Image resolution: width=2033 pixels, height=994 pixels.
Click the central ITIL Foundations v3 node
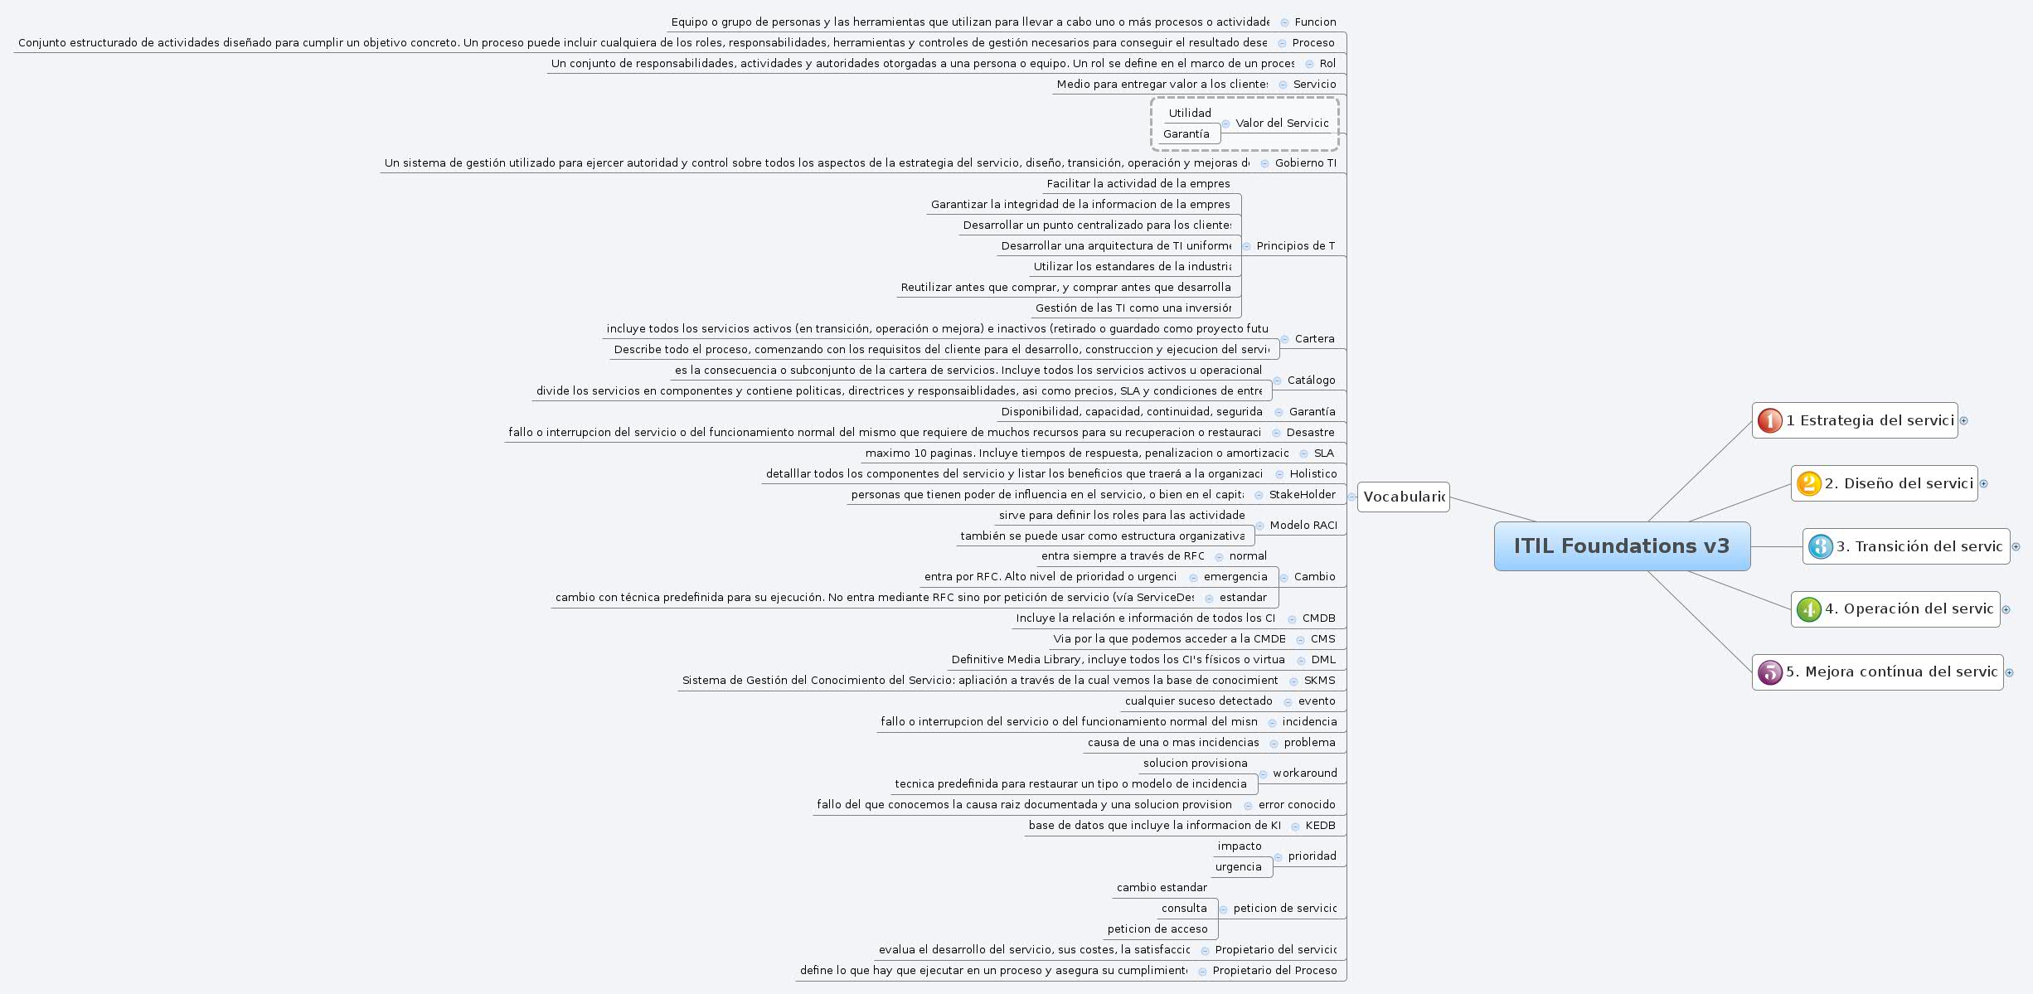pyautogui.click(x=1622, y=546)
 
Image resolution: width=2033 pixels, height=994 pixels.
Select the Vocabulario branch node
pyautogui.click(x=1404, y=497)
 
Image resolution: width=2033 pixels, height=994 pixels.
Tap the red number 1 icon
pyautogui.click(x=1769, y=421)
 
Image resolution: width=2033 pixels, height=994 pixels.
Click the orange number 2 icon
pyautogui.click(x=1808, y=483)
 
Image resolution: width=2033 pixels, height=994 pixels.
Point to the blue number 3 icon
pyautogui.click(x=1820, y=546)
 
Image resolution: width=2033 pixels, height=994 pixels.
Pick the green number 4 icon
pyautogui.click(x=1808, y=609)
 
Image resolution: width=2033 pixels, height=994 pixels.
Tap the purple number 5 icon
pyautogui.click(x=1769, y=672)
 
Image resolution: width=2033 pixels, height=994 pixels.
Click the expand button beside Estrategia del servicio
pyautogui.click(x=1963, y=421)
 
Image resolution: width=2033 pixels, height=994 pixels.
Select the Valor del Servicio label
pyautogui.click(x=1282, y=124)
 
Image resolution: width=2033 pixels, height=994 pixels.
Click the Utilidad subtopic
pyautogui.click(x=1190, y=114)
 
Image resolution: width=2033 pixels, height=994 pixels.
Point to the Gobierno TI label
pyautogui.click(x=1305, y=163)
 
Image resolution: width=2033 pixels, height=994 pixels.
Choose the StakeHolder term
pyautogui.click(x=1302, y=495)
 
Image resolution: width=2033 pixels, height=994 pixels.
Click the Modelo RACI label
pyautogui.click(x=1303, y=526)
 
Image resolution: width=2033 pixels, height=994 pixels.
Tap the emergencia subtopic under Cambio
pyautogui.click(x=1235, y=577)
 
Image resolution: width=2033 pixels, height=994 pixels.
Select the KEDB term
pyautogui.click(x=1320, y=826)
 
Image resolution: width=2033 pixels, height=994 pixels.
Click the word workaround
pyautogui.click(x=1304, y=773)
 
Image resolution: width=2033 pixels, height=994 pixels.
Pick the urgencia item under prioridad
pyautogui.click(x=1238, y=867)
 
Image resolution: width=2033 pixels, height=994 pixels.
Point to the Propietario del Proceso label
pyautogui.click(x=1274, y=971)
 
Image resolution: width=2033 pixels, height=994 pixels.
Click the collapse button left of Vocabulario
pyautogui.click(x=1351, y=497)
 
